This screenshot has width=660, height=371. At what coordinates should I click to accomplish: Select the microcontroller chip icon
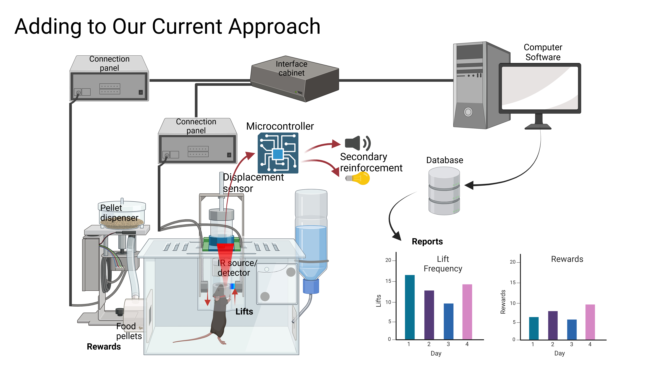(278, 153)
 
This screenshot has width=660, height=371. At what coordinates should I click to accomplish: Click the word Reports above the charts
(427, 241)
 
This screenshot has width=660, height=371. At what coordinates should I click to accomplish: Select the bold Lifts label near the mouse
(244, 312)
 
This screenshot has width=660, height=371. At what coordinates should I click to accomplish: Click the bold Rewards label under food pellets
(104, 346)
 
